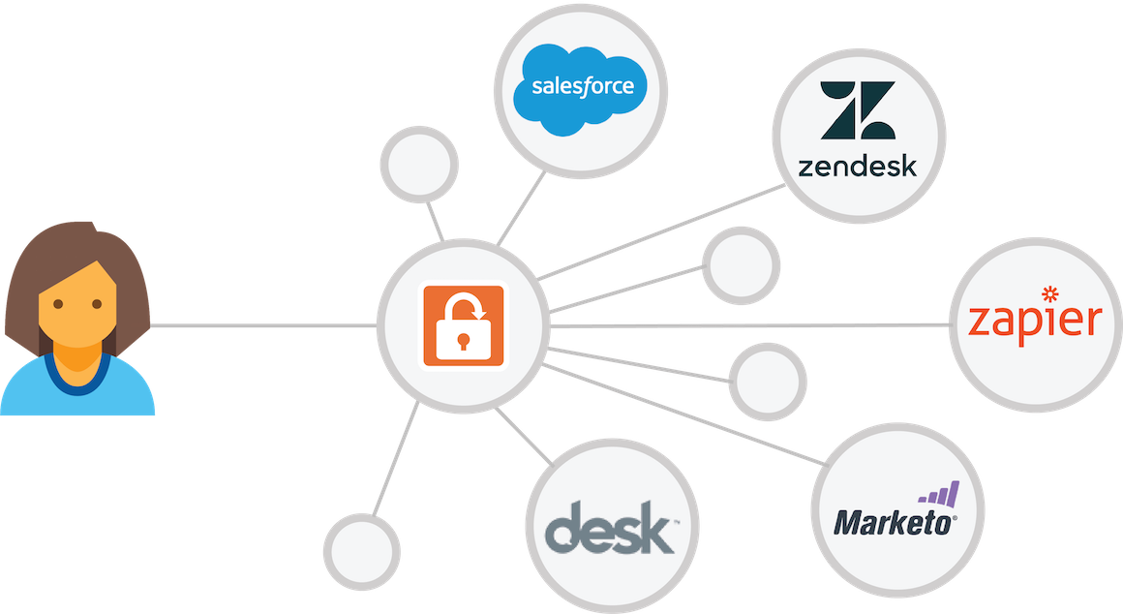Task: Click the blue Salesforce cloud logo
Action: coord(580,90)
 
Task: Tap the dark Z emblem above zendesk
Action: coord(858,110)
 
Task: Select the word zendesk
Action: coord(858,167)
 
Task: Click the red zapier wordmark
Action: coord(1035,320)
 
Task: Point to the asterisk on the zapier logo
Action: coord(1050,293)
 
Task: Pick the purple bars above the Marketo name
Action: coord(939,495)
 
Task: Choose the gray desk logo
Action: coord(610,528)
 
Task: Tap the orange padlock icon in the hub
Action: coord(464,326)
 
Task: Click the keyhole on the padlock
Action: coord(464,340)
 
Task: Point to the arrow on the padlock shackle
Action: coord(477,311)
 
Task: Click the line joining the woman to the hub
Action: coord(263,326)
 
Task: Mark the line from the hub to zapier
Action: coord(750,326)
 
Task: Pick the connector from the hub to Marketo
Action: coord(684,415)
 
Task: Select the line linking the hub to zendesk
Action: coord(660,232)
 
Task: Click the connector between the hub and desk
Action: coord(524,437)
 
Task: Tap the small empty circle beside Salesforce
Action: coord(419,164)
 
